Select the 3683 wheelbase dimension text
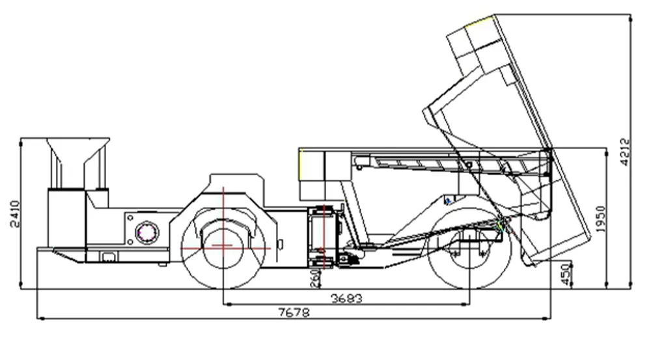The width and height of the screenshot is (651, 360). tap(346, 299)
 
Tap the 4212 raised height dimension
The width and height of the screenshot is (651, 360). tap(626, 151)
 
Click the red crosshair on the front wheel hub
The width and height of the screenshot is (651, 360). tap(223, 247)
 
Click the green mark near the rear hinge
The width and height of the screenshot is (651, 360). tap(501, 225)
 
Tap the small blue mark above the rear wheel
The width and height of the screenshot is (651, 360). tap(449, 200)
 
